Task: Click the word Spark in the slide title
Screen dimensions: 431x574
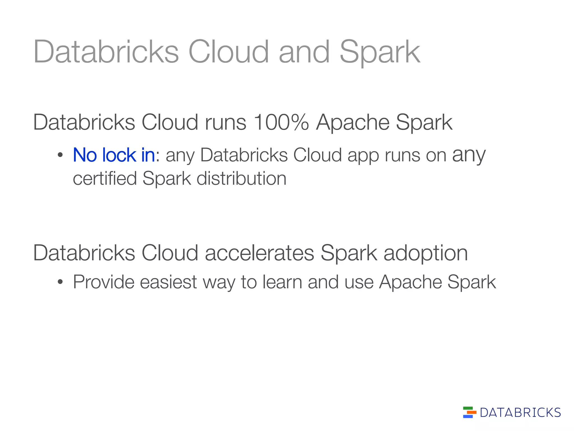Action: point(380,52)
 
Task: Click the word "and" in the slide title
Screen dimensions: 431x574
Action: point(304,52)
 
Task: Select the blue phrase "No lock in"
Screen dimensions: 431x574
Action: point(114,155)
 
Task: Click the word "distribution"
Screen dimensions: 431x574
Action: point(241,179)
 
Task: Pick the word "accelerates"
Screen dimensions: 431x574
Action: point(260,253)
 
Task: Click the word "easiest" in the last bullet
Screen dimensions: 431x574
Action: point(168,282)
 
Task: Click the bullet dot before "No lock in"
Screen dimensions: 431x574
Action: point(60,155)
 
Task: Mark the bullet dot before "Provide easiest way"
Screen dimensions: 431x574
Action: point(60,282)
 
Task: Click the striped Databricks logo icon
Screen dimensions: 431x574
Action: point(469,412)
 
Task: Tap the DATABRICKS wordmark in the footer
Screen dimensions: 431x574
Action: point(520,412)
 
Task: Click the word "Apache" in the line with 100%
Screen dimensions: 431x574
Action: point(353,122)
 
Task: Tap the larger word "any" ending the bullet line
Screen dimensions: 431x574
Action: point(469,155)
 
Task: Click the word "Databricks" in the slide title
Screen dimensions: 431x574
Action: point(106,52)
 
